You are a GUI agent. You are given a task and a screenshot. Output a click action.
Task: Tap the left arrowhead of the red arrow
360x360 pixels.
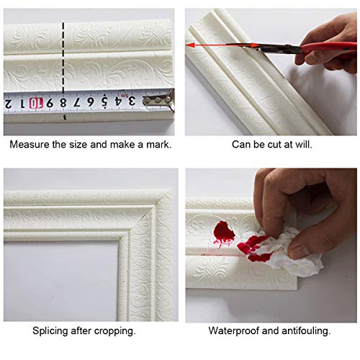pos(190,45)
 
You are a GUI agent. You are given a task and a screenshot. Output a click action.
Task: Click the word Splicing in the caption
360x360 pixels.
pos(52,331)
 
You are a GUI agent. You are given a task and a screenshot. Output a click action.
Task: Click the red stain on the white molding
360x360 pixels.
pos(224,233)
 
